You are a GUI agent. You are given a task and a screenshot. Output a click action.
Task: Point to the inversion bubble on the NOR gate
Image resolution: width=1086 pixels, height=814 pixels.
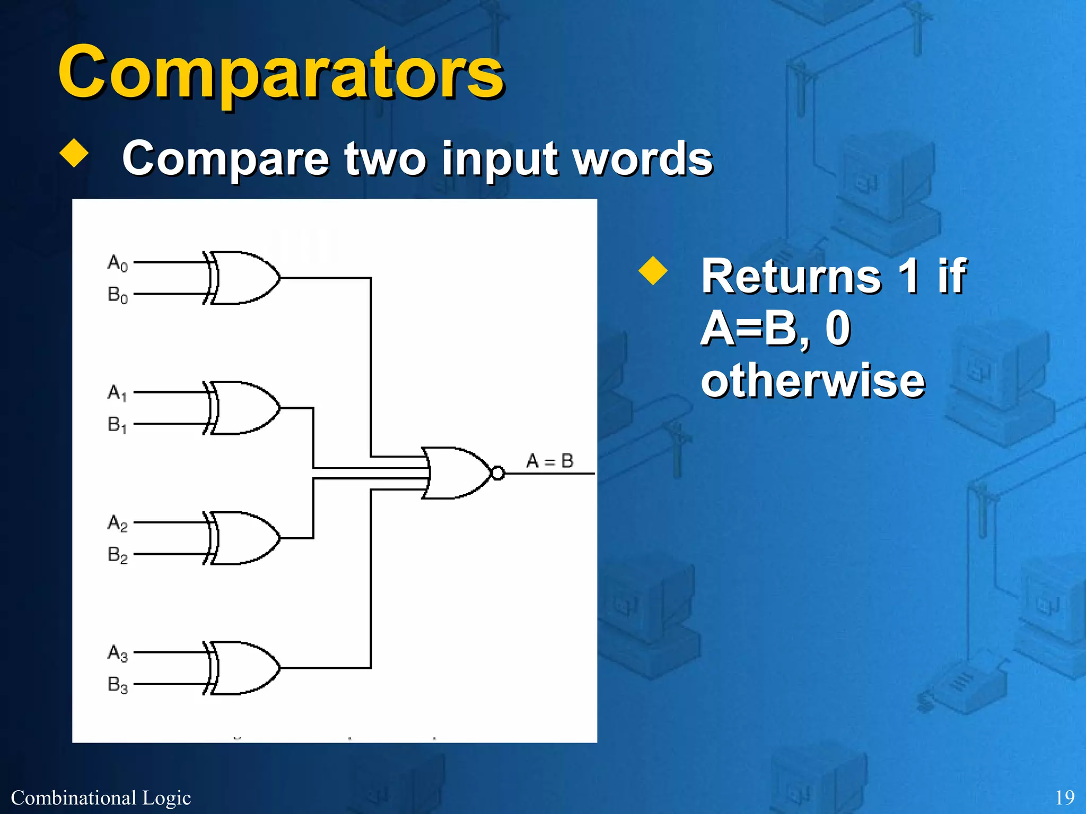(x=498, y=473)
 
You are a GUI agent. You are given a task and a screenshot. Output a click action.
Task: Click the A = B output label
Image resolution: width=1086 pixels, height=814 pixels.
(x=550, y=461)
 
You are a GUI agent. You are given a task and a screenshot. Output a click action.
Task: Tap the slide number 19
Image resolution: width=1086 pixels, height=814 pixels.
(x=1065, y=798)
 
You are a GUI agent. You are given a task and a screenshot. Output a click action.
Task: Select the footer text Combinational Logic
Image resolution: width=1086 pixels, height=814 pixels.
(x=101, y=798)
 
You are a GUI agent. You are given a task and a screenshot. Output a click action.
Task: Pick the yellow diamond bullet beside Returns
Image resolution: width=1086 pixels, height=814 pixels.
(x=653, y=271)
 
